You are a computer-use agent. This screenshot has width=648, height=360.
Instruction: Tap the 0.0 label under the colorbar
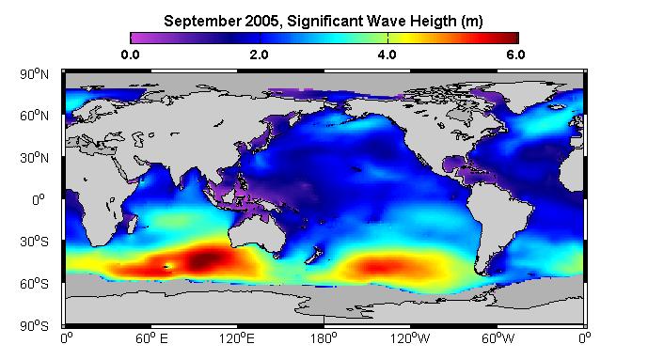130,55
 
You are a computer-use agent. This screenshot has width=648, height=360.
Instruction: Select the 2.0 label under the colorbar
259,55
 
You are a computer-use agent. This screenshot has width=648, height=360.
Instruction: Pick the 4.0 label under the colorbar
387,55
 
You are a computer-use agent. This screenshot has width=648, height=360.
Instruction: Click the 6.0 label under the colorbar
515,55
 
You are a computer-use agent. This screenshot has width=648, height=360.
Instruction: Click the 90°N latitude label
34,74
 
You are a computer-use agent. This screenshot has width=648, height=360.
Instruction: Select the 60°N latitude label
34,116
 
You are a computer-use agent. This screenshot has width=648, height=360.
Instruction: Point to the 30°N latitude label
34,158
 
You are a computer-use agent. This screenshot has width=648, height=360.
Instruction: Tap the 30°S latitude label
34,242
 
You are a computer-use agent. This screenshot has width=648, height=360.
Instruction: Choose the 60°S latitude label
34,284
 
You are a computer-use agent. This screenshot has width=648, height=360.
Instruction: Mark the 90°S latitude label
34,326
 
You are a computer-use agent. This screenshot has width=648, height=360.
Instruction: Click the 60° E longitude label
151,338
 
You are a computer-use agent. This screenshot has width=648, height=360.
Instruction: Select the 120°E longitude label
237,338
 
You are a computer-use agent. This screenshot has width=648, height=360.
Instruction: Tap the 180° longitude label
324,338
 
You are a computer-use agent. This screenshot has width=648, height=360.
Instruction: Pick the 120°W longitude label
410,338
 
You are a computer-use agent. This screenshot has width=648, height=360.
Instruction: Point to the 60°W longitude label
498,338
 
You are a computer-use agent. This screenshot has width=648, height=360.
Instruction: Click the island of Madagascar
132,224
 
